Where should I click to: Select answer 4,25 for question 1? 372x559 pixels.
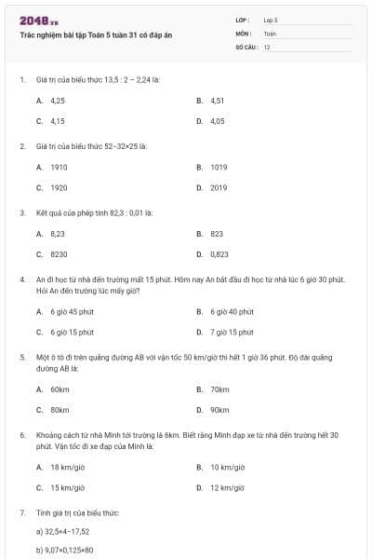57,100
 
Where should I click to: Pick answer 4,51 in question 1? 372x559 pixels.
218,100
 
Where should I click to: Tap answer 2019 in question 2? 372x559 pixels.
219,187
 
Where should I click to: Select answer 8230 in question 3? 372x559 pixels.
59,253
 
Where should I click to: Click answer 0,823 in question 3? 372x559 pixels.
219,253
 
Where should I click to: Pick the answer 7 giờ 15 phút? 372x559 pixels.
232,332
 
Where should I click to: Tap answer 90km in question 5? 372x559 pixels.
219,409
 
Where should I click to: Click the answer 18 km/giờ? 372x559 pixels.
68,467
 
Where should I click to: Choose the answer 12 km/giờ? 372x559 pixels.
227,487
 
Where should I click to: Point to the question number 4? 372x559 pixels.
21,279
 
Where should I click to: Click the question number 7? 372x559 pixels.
21,512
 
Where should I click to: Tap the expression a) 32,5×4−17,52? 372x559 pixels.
62,531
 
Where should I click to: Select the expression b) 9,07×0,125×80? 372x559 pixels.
64,550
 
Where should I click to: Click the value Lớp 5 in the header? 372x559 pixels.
271,20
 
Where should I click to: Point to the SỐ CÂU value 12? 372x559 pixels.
267,47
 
